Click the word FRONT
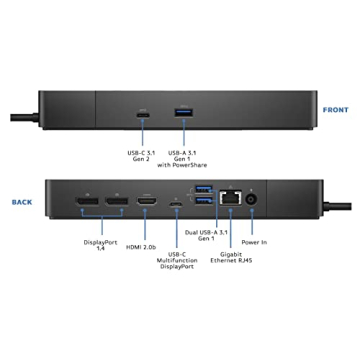point(334,110)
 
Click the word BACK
point(21,200)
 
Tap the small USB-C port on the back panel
point(177,208)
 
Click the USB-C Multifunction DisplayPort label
point(177,267)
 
